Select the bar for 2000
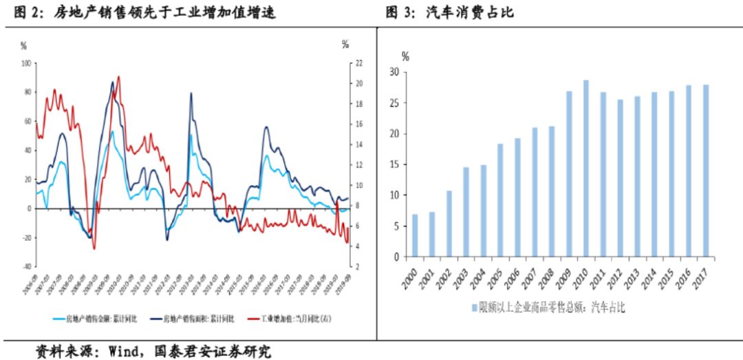pos(415,235)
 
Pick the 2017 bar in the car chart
pos(706,171)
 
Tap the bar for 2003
pos(466,212)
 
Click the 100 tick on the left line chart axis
pos(28,63)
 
